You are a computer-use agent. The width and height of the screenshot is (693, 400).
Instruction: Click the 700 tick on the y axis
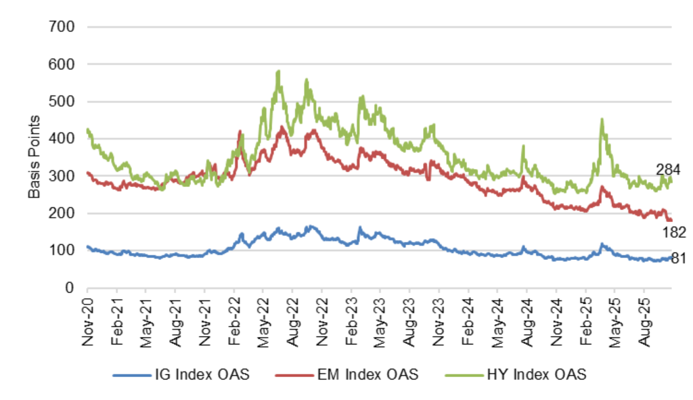pos(66,27)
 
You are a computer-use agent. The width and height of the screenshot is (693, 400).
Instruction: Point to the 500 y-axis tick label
pos(66,102)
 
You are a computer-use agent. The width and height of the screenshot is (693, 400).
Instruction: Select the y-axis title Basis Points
pos(35,157)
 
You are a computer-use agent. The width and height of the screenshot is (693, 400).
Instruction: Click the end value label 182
pos(675,233)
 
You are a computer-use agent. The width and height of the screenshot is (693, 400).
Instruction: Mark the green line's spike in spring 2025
pos(602,120)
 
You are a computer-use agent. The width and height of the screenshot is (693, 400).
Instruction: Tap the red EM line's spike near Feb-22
pos(240,132)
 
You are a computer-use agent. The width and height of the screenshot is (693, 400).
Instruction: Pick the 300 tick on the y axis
pos(66,176)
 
